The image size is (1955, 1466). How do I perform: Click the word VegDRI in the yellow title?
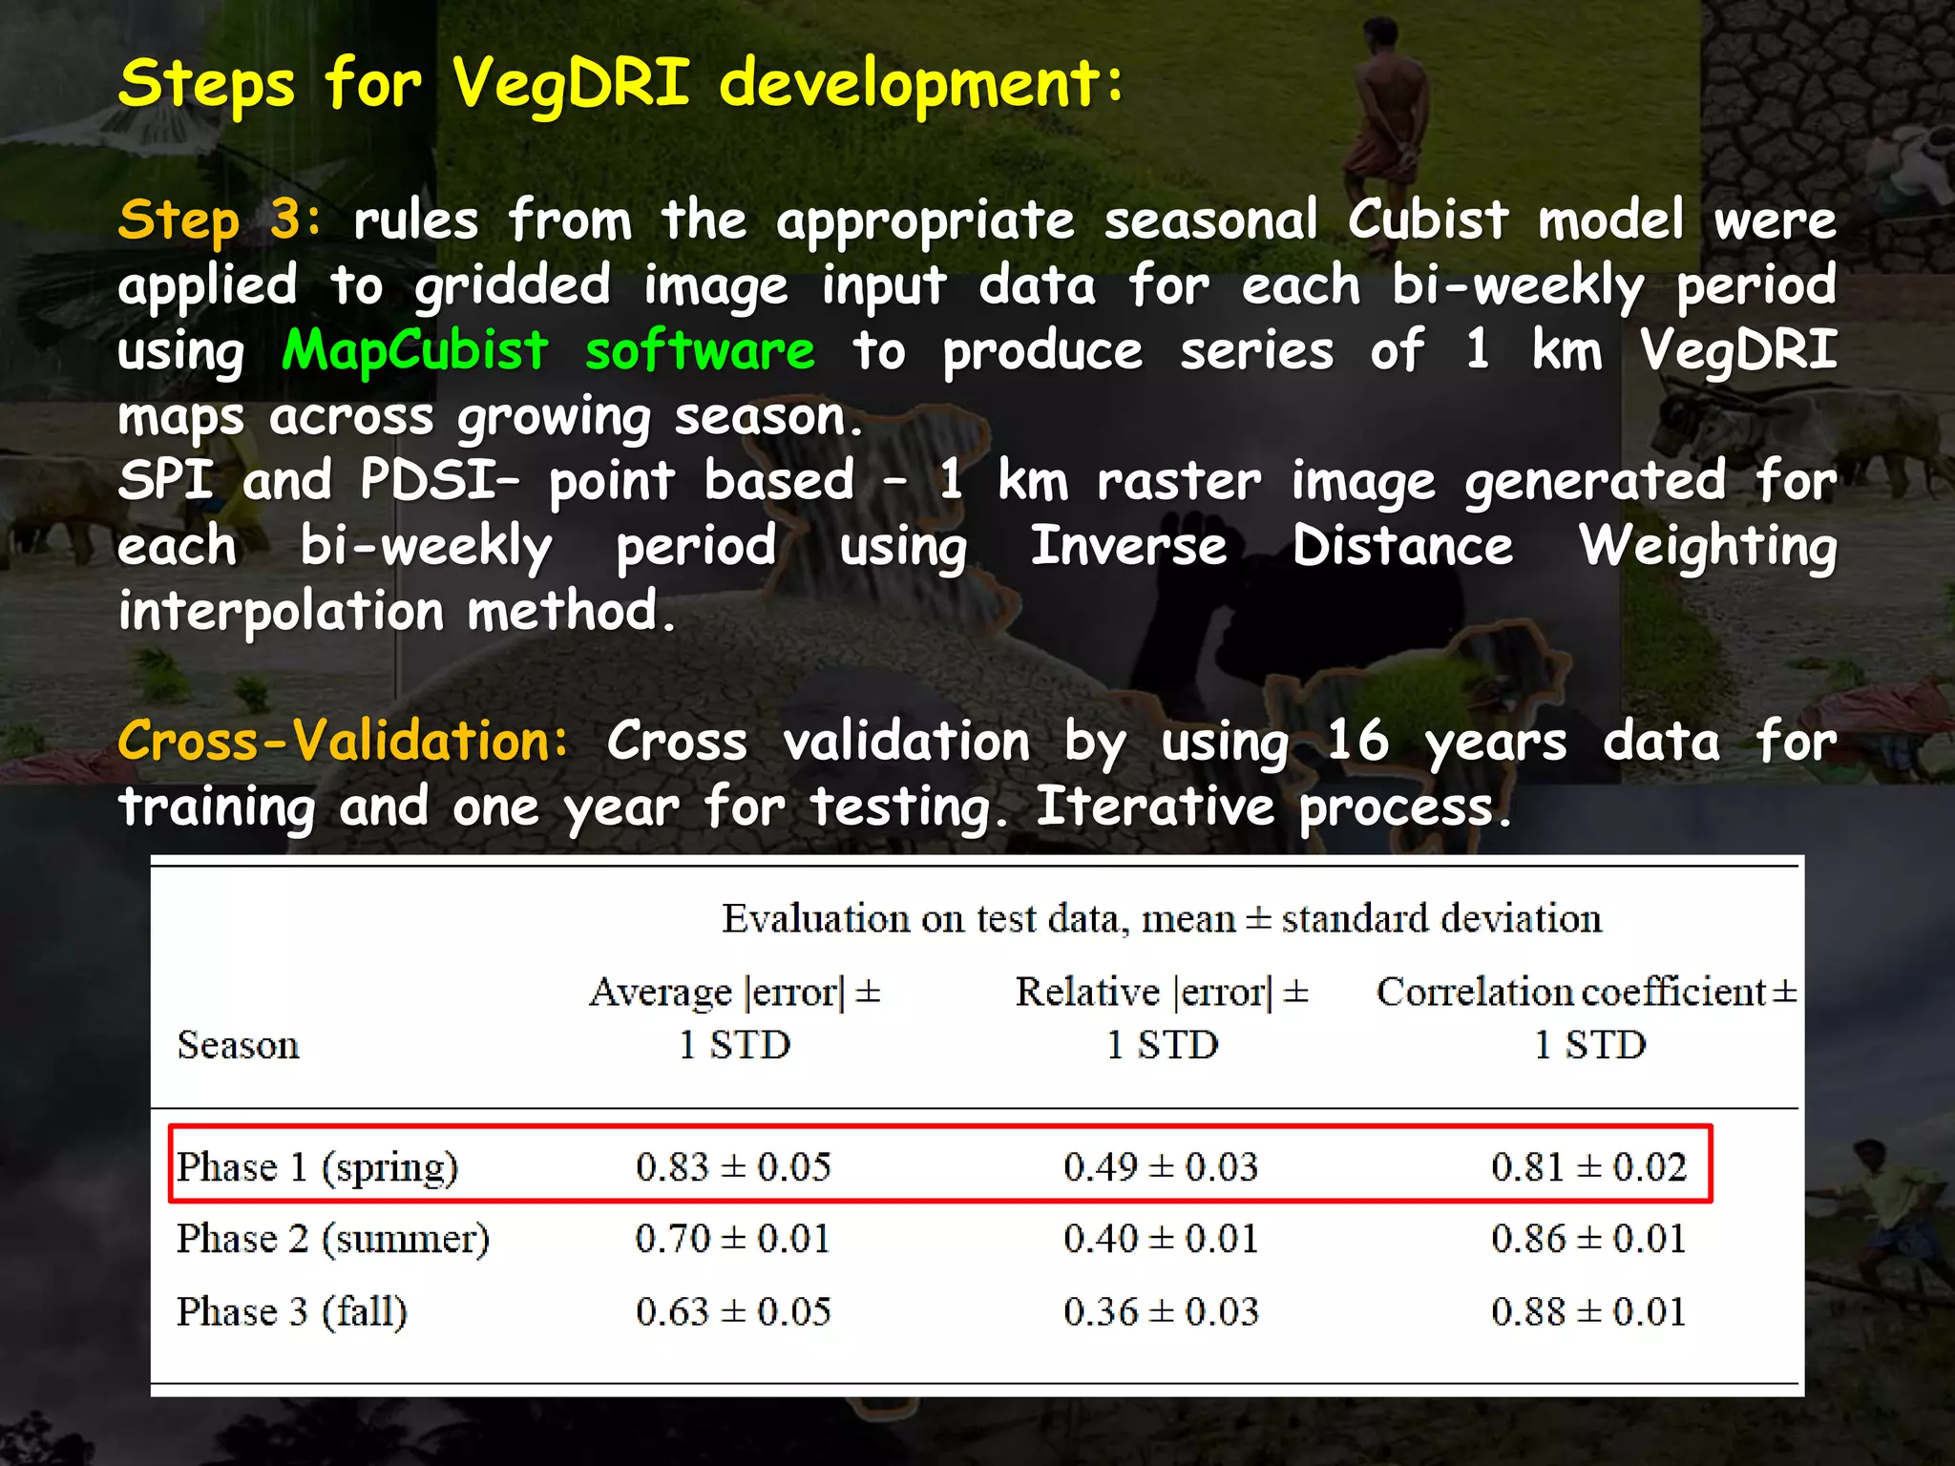[x=570, y=84]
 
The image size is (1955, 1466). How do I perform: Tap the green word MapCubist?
[x=415, y=350]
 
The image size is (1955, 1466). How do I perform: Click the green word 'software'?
[x=700, y=350]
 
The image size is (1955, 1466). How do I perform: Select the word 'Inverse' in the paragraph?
[x=1128, y=546]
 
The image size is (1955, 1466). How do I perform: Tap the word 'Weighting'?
[x=1707, y=548]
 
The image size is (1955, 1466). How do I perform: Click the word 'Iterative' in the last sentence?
[x=1155, y=806]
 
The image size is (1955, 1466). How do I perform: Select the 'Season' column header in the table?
[x=238, y=1045]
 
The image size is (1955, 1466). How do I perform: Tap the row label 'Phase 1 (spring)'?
[x=317, y=1167]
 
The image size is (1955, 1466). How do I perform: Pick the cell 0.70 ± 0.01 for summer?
[x=732, y=1239]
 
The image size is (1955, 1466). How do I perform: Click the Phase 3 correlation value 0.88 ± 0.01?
[x=1588, y=1311]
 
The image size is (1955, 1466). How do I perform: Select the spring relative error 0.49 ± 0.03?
[x=1161, y=1167]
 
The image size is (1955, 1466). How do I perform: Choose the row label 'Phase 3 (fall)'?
[x=292, y=1311]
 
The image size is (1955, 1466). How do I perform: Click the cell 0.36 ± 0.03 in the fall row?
[x=1161, y=1311]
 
